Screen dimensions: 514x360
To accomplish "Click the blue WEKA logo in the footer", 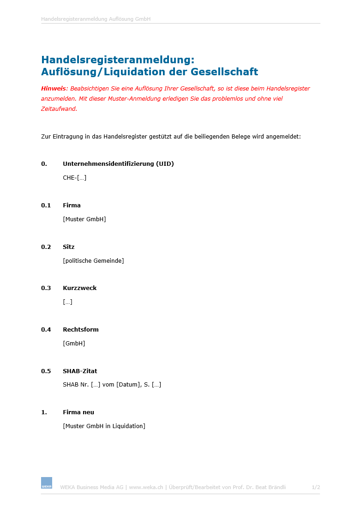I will point(47,483).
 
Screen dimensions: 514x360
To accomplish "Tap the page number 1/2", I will point(316,487).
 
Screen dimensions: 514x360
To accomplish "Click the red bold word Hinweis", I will point(54,88).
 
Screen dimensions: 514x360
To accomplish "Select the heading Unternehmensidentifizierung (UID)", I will point(118,164).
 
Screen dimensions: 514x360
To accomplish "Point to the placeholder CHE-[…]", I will point(74,178).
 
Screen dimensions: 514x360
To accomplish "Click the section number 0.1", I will point(46,206).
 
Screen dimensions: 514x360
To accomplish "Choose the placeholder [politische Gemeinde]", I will point(93,261).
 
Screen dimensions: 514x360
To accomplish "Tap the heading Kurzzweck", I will point(80,288).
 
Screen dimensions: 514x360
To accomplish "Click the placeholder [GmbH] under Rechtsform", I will point(74,344).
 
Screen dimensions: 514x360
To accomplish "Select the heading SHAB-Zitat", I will point(80,371).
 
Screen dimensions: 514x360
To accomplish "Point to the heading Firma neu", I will point(78,412).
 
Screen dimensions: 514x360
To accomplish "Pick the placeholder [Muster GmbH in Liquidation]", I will point(104,426).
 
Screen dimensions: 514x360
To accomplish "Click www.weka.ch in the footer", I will point(146,487).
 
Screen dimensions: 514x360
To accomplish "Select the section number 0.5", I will point(46,371).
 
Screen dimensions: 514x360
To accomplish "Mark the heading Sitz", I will point(69,247).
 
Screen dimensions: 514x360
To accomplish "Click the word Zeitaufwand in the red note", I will point(58,109).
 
